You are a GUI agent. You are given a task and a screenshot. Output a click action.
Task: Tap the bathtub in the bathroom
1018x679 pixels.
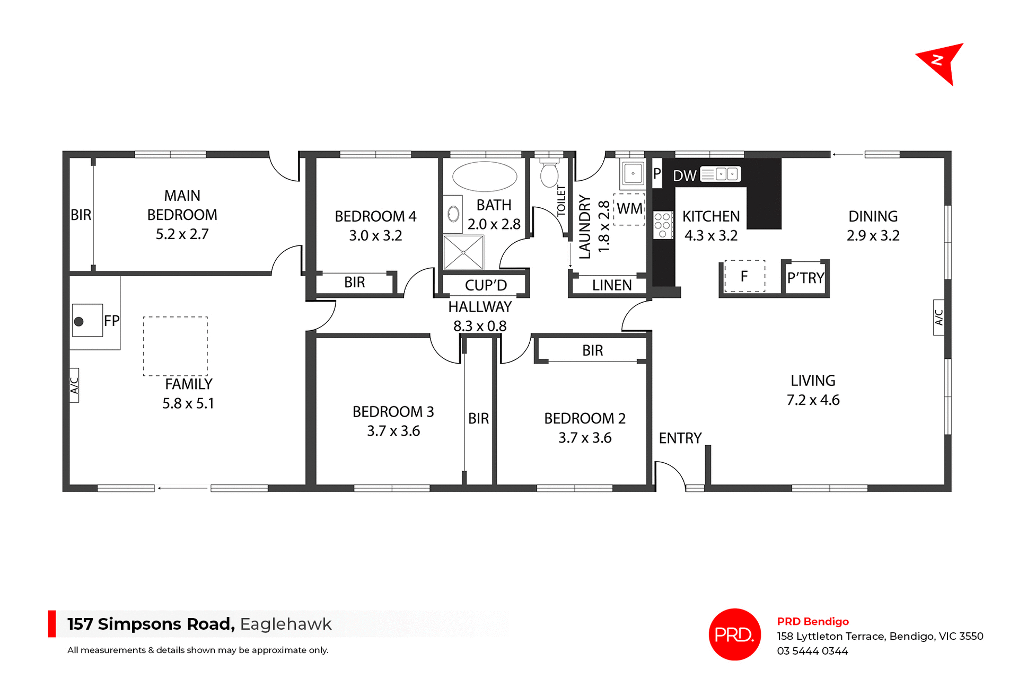point(485,177)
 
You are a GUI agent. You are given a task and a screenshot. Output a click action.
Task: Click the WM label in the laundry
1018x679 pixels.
point(629,209)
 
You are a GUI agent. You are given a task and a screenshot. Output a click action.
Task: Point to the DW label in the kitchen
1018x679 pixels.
point(684,176)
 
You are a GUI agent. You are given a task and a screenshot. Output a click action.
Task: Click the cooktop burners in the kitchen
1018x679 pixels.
point(663,225)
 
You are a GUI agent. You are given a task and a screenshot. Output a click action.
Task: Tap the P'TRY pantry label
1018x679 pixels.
point(805,278)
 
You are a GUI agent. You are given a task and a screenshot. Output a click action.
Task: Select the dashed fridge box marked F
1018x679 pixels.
point(744,276)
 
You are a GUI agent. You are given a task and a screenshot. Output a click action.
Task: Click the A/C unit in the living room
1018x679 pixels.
point(938,318)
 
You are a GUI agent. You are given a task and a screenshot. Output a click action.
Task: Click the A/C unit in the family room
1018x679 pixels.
point(74,385)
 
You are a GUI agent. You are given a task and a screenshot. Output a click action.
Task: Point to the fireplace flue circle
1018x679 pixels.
point(79,321)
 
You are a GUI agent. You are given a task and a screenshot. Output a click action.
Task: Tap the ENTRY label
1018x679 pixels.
point(680,438)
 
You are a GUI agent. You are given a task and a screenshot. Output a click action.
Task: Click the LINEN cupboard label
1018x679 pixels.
point(612,285)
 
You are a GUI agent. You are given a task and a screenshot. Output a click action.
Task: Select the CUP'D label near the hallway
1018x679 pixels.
point(486,285)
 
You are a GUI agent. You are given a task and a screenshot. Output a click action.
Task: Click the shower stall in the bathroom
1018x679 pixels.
point(464,253)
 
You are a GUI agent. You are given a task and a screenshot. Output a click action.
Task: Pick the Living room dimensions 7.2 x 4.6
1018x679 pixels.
point(813,400)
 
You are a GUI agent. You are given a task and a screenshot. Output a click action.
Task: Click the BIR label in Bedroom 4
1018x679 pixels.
point(354,283)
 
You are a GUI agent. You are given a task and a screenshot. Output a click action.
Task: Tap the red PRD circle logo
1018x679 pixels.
point(734,634)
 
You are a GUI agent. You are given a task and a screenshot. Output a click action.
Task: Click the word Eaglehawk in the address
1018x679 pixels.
point(286,624)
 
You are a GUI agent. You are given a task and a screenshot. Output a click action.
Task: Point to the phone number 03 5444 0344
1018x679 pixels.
point(812,651)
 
